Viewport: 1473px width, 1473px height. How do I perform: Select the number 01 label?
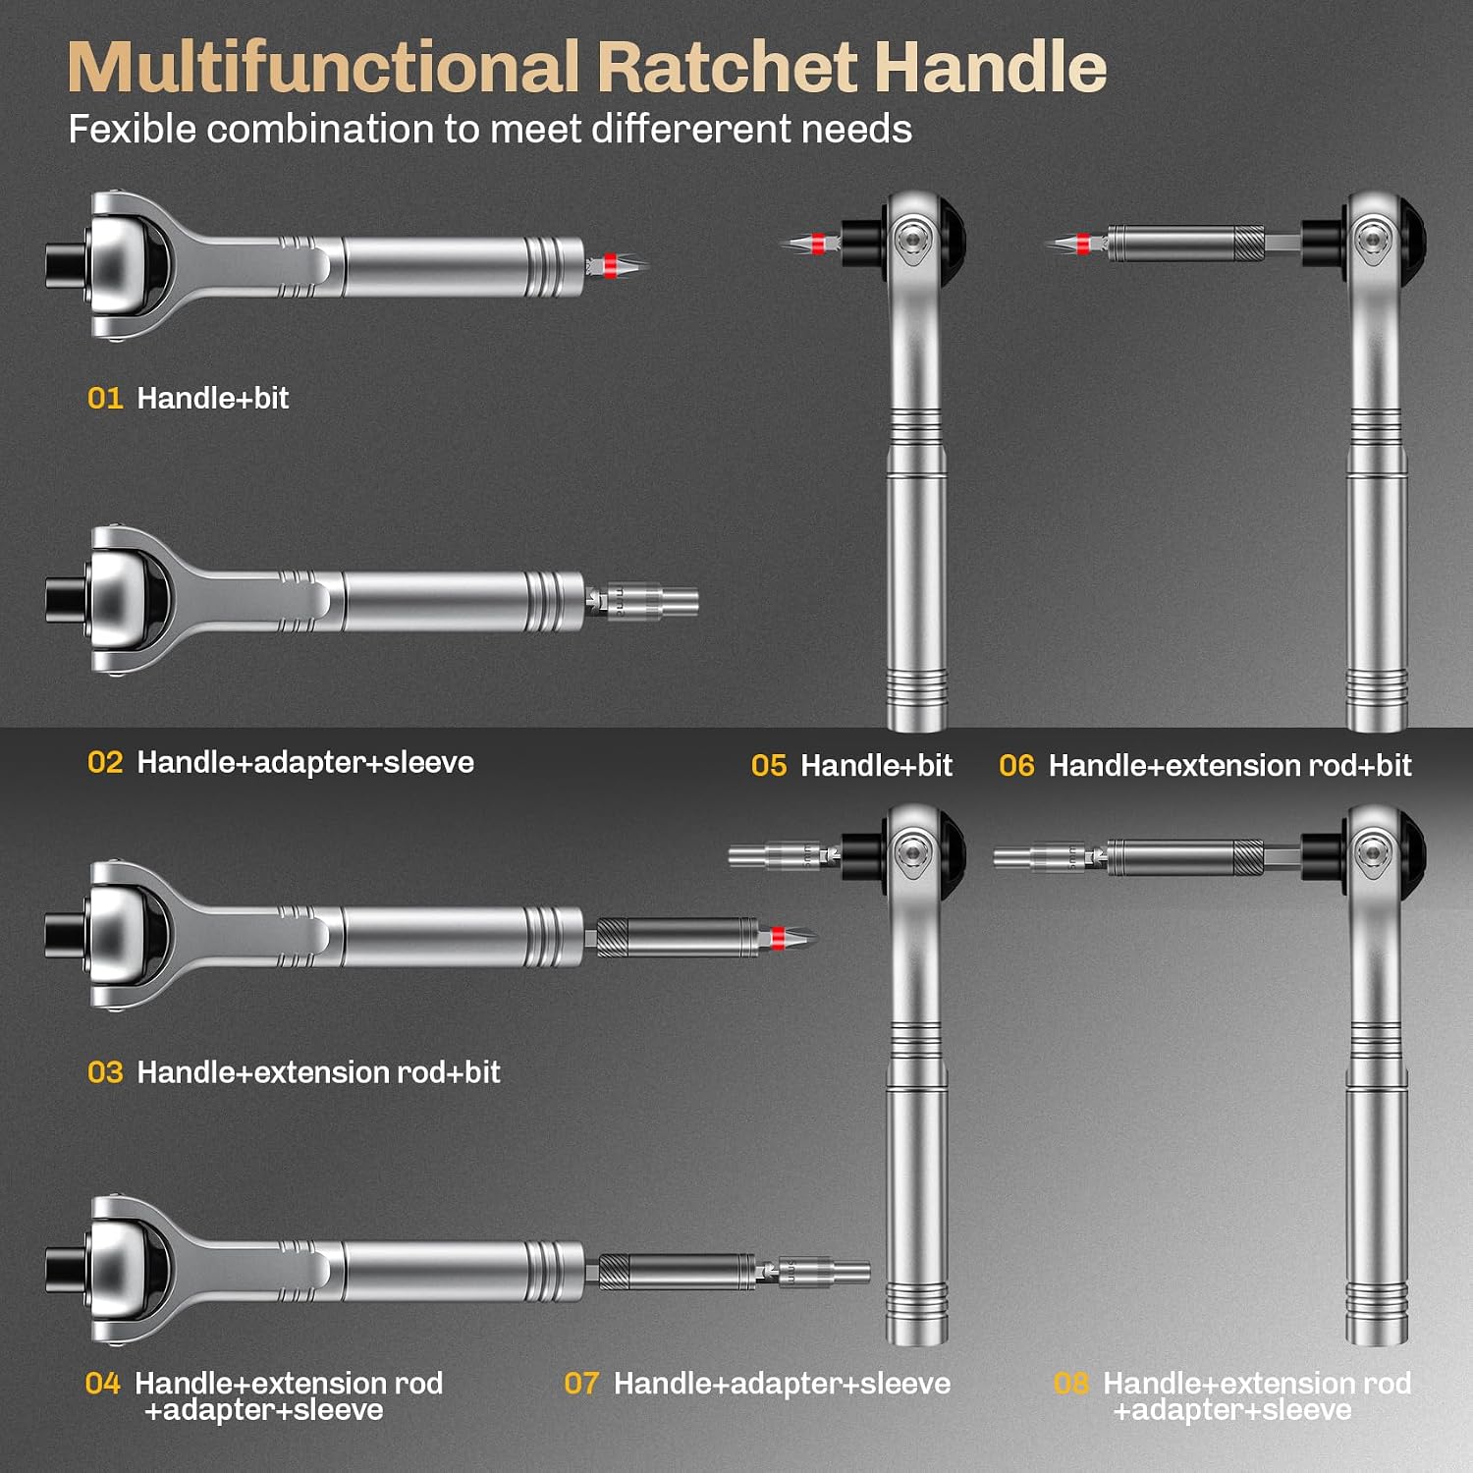coord(105,398)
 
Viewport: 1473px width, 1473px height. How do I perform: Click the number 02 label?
coord(105,762)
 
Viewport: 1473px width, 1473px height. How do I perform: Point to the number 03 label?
coord(105,1071)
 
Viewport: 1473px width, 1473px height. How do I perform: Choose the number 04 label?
coord(103,1383)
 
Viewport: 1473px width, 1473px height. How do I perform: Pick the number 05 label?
coord(769,765)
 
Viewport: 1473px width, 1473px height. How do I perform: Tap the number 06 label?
coord(1016,765)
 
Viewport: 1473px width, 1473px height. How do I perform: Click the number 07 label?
coord(581,1383)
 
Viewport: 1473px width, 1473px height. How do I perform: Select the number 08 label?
coord(1070,1383)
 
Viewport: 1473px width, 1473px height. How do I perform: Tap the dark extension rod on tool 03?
coord(678,937)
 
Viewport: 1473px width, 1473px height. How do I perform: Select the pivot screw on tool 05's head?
coord(913,239)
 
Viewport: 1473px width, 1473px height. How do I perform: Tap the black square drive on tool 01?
coord(66,265)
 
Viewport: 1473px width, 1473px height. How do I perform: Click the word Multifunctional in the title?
coord(324,67)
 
